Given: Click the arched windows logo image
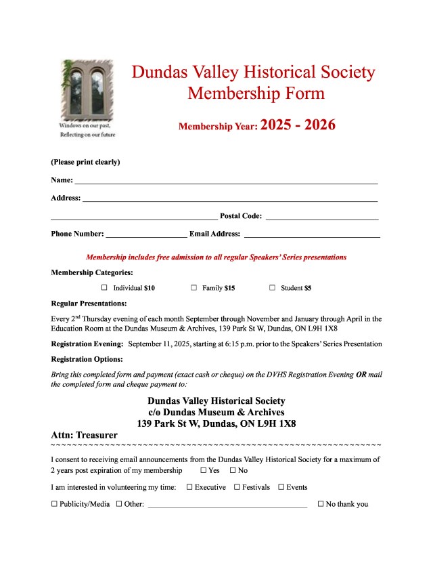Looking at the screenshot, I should point(87,88).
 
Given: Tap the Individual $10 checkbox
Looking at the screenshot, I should point(105,288).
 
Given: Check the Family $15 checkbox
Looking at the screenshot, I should point(193,288).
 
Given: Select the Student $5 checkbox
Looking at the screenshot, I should point(272,288).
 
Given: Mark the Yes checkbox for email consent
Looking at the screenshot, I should point(204,470).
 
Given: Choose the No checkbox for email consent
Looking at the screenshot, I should point(233,470).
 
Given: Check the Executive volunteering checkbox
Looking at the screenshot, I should point(189,487).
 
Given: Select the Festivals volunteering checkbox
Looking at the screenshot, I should point(237,487).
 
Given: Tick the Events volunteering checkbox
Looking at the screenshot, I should point(281,487).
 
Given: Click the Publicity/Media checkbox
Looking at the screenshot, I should point(54,504).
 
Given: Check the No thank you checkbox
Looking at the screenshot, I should point(321,504).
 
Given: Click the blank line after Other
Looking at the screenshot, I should point(227,504).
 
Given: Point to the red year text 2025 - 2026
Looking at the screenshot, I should point(298,125).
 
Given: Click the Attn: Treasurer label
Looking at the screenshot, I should point(84,434).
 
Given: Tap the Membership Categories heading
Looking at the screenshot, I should point(92,272).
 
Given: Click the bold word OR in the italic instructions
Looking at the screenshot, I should point(361,375).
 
